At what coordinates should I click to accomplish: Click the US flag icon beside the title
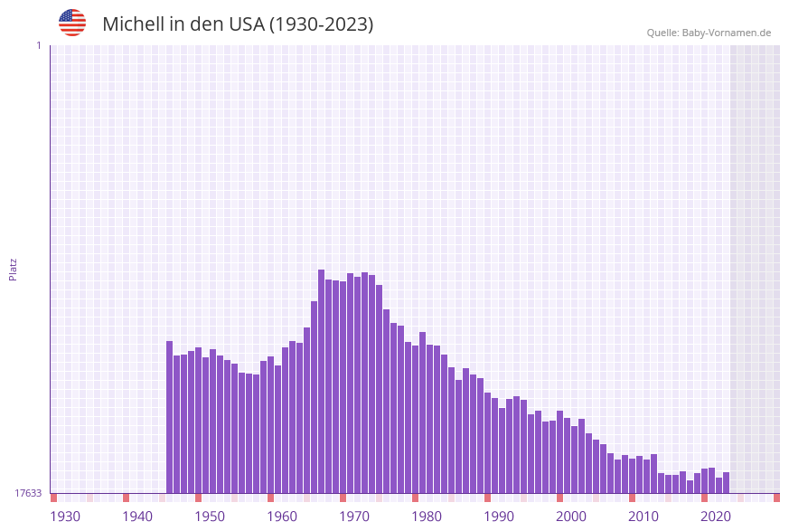tap(72, 23)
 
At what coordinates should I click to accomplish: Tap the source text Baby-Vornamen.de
tap(727, 33)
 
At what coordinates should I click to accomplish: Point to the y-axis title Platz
tap(14, 269)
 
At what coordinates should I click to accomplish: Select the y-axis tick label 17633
tap(28, 493)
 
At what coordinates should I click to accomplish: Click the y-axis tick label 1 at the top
tap(38, 45)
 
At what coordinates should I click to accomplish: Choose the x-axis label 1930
tap(65, 517)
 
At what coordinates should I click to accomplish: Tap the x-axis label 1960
tap(282, 517)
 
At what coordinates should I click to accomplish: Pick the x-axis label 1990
tap(499, 517)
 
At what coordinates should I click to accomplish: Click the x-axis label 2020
tap(716, 517)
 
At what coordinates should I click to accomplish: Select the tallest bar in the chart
tap(321, 380)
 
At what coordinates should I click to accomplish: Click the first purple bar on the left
tap(169, 416)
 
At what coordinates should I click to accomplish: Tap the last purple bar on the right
tap(726, 482)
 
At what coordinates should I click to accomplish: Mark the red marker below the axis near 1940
tap(126, 498)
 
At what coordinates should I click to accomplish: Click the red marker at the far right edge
tap(776, 498)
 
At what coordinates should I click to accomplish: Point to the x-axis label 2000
tap(571, 517)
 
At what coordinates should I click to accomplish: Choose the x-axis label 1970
tap(354, 517)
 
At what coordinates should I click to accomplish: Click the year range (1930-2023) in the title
tap(321, 24)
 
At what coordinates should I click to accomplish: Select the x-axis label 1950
tap(210, 517)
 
